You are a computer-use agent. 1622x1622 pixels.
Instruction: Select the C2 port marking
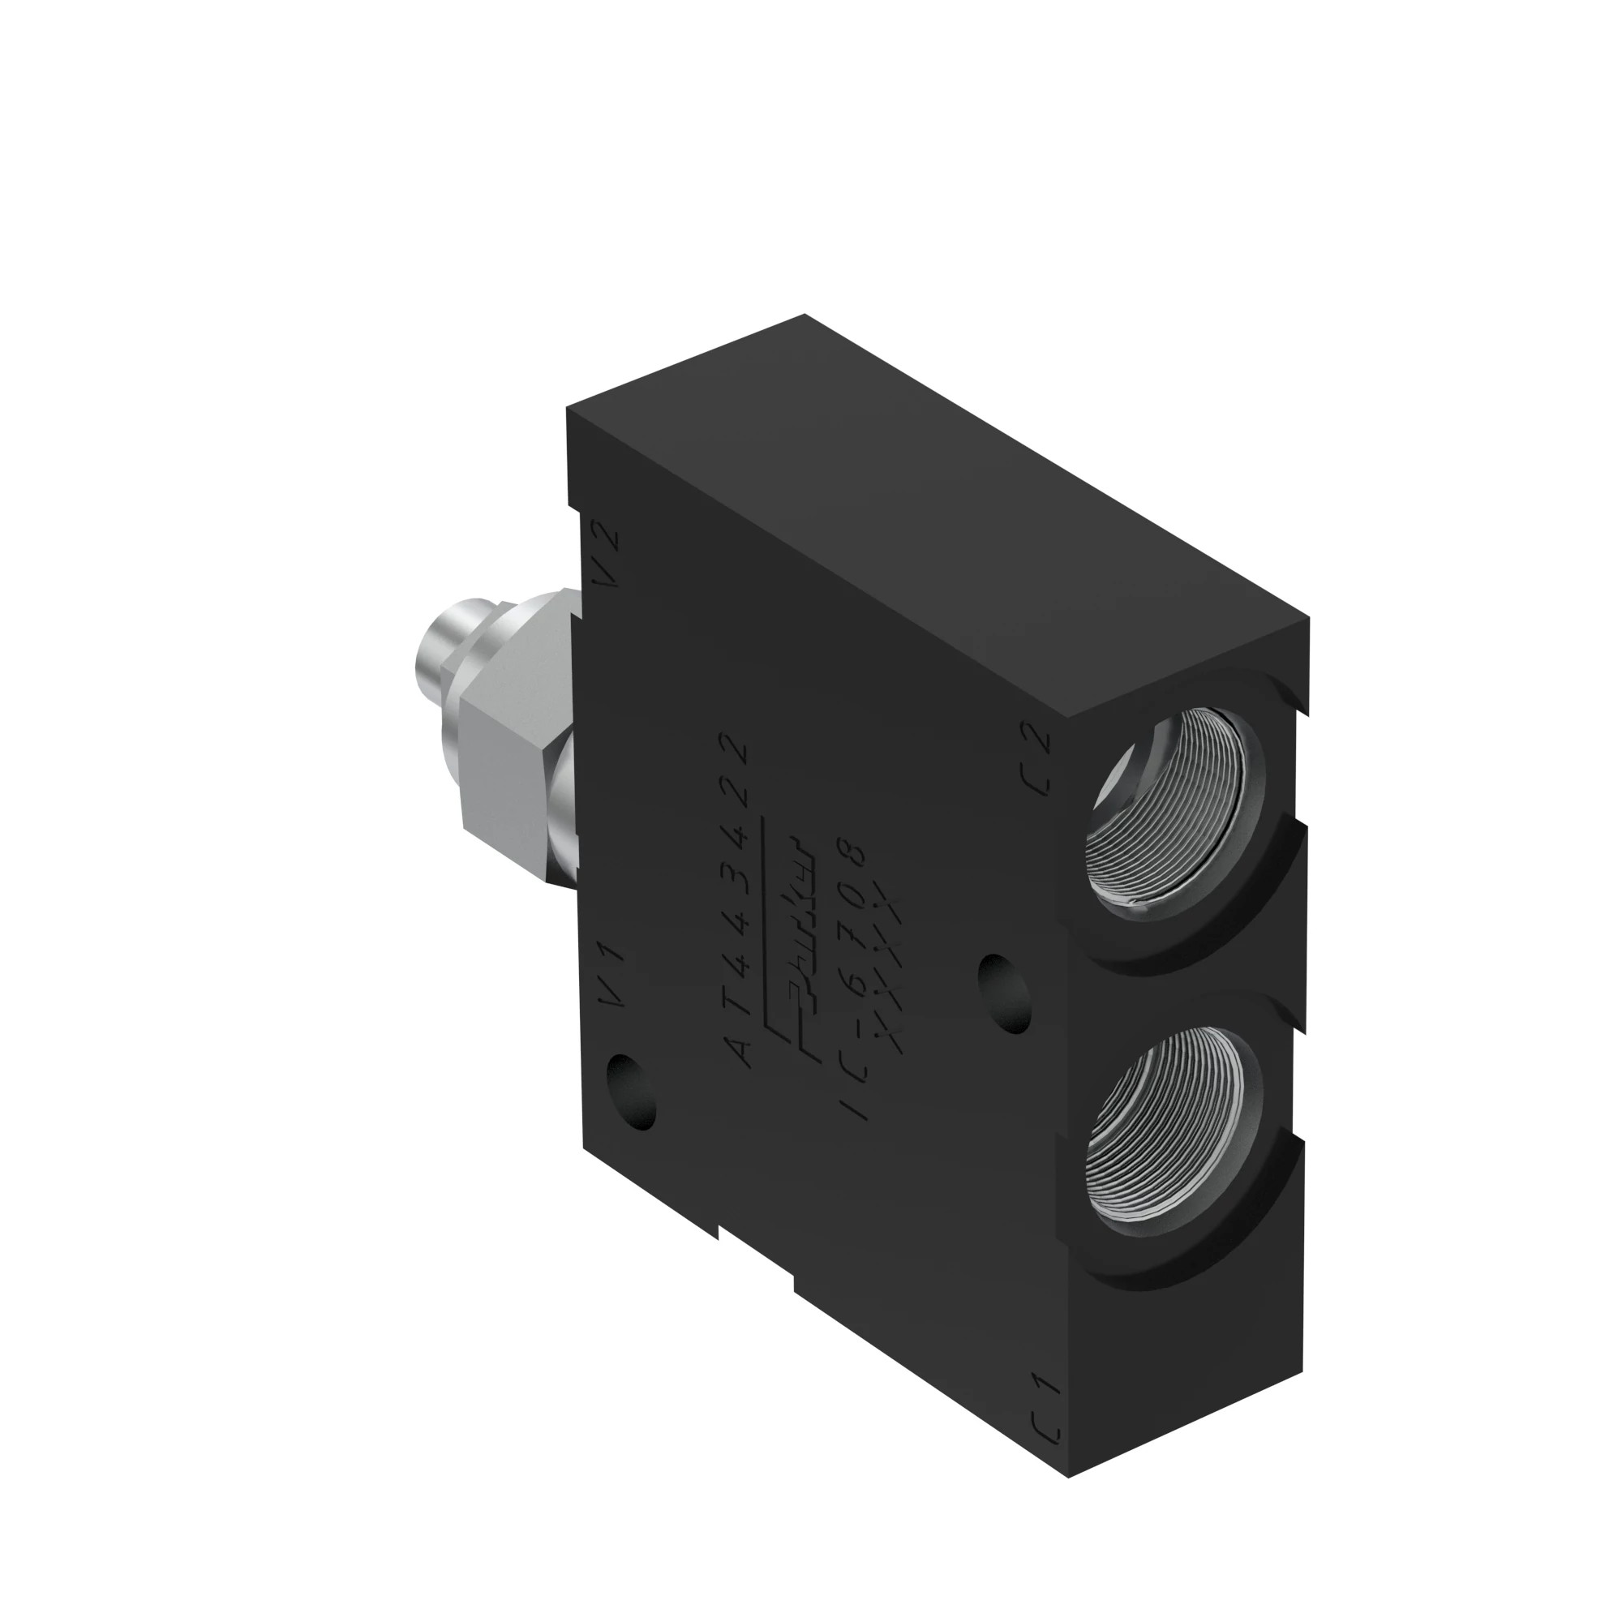(1040, 759)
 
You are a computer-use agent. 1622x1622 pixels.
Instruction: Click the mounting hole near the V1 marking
(631, 1092)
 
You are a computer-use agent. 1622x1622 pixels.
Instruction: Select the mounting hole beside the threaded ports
(1005, 993)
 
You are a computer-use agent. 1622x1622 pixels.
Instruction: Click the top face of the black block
(924, 521)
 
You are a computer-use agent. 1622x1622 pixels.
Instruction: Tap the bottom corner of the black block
(1068, 1501)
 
